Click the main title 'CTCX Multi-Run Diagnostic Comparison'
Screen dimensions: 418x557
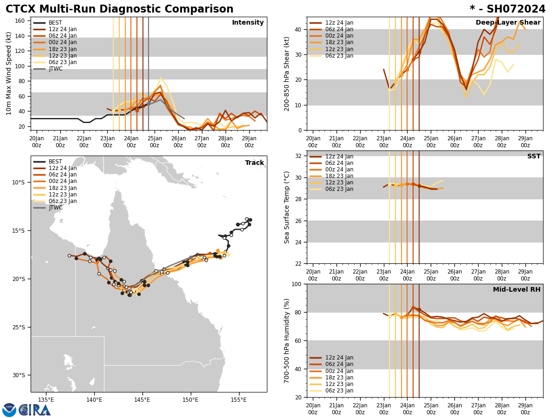point(119,9)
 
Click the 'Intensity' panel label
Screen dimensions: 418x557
point(248,23)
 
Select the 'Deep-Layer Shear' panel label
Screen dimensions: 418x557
point(508,23)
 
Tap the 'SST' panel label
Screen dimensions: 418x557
point(533,157)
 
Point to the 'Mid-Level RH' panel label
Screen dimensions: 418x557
point(517,290)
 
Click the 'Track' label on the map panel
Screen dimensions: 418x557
point(254,163)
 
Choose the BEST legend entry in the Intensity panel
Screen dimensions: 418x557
point(55,23)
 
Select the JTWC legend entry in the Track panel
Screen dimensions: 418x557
point(55,208)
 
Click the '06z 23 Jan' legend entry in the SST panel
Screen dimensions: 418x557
point(339,189)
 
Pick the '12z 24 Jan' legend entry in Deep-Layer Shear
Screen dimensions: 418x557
point(339,23)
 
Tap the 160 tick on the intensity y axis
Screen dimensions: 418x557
point(20,21)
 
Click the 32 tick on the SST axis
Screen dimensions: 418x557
point(299,156)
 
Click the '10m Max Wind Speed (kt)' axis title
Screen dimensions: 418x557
point(9,73)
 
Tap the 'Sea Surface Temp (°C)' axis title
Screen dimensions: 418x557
point(287,207)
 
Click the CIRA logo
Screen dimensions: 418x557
point(35,410)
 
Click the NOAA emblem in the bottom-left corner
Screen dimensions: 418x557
point(9,410)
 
